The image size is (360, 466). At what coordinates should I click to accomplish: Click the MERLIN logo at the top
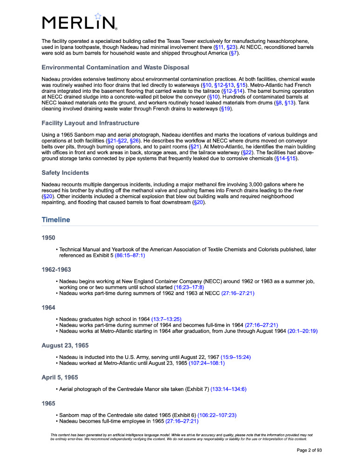79,22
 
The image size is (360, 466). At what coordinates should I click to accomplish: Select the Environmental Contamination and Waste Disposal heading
109,67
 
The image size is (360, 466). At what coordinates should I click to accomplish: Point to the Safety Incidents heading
65,172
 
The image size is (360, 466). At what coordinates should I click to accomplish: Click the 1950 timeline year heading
48,238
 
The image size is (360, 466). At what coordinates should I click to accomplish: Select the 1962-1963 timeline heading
56,269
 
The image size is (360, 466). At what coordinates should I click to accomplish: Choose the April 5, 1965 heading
60,377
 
